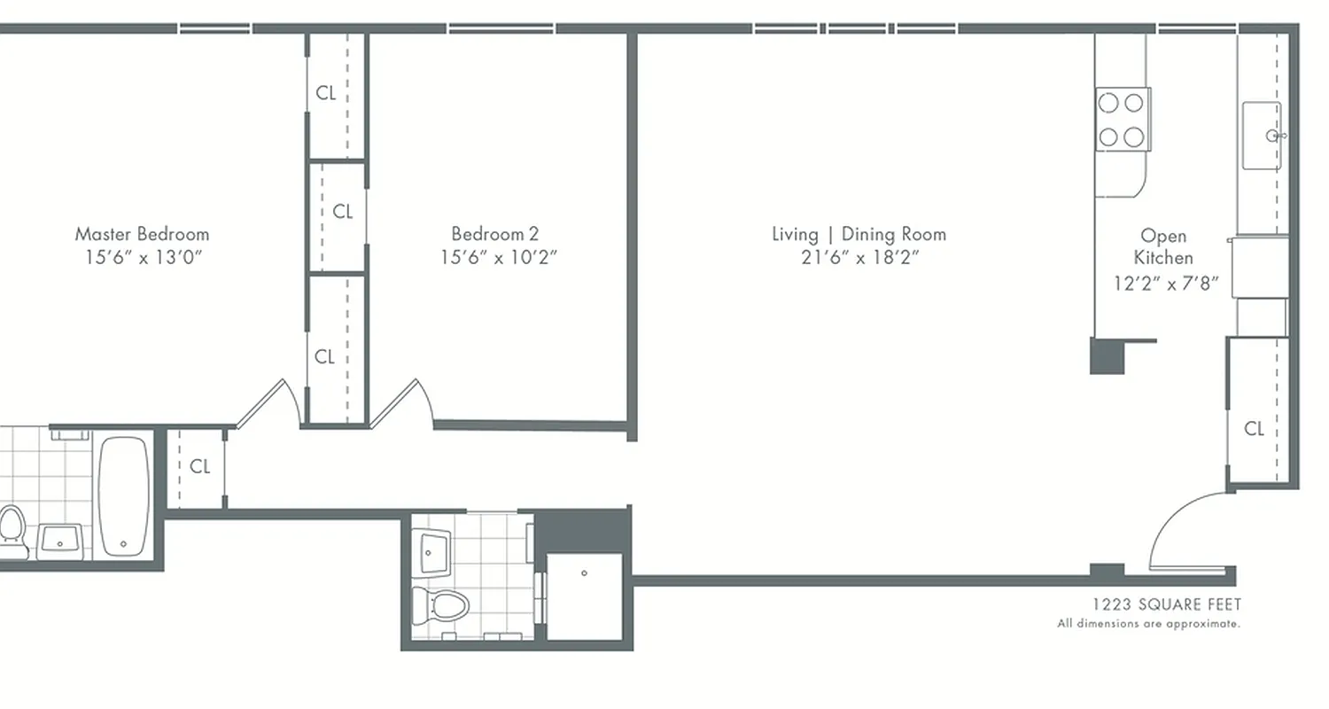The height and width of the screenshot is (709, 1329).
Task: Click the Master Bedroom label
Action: [x=142, y=234]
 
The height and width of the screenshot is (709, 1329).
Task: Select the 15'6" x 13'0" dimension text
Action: [x=142, y=258]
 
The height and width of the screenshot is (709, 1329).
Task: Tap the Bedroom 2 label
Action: [x=494, y=234]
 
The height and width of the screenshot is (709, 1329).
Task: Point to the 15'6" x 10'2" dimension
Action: [x=499, y=258]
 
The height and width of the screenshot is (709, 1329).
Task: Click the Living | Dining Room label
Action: [x=859, y=234]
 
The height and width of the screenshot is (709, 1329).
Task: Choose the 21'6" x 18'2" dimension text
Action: [x=859, y=258]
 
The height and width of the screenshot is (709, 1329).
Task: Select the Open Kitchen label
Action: [x=1163, y=246]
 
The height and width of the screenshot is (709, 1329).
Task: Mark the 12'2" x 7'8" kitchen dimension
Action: [x=1166, y=284]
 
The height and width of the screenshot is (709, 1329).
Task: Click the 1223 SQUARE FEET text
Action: [x=1166, y=604]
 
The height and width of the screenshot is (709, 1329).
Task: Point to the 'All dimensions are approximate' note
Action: [x=1148, y=624]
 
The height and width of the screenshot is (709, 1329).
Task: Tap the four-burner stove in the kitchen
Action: [x=1122, y=119]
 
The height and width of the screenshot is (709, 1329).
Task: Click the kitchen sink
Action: [x=1262, y=136]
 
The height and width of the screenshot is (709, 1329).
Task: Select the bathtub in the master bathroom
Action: [x=123, y=496]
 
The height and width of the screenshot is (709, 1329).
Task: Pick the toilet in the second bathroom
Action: [x=440, y=607]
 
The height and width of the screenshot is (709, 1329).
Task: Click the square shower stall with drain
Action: [x=584, y=595]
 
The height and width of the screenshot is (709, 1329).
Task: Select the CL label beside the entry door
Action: [x=1254, y=429]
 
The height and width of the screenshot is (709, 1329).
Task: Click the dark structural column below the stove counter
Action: [x=1107, y=355]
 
